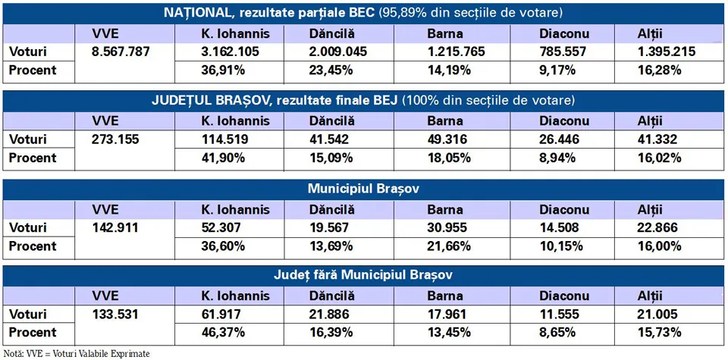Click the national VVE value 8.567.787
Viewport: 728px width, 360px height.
pos(121,52)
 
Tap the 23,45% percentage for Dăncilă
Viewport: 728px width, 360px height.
pos(329,70)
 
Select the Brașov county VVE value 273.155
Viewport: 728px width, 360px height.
pos(115,139)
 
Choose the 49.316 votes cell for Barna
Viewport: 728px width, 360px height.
pos(447,139)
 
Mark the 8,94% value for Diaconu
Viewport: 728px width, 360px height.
pos(557,158)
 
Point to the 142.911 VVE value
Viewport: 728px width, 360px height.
pos(115,227)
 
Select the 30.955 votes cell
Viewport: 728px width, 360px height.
pos(447,227)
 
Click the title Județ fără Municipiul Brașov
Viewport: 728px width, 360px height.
pos(363,275)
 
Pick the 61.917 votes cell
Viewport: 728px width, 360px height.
pos(221,314)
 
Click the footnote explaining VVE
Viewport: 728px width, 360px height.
pos(77,353)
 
